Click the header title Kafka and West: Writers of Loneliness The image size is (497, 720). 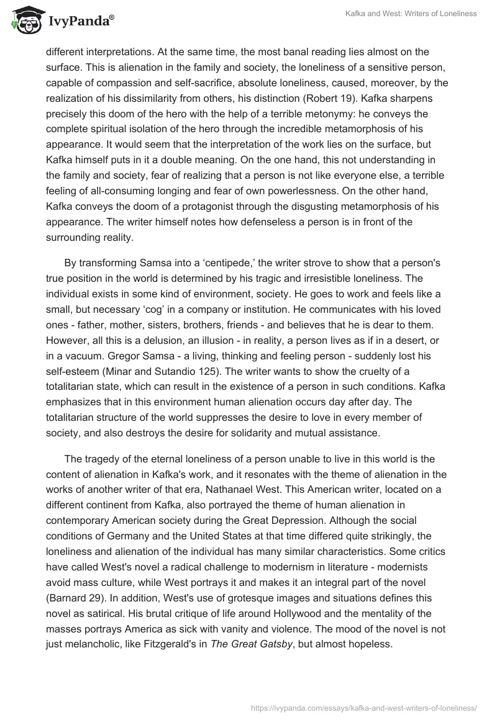[411, 14]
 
